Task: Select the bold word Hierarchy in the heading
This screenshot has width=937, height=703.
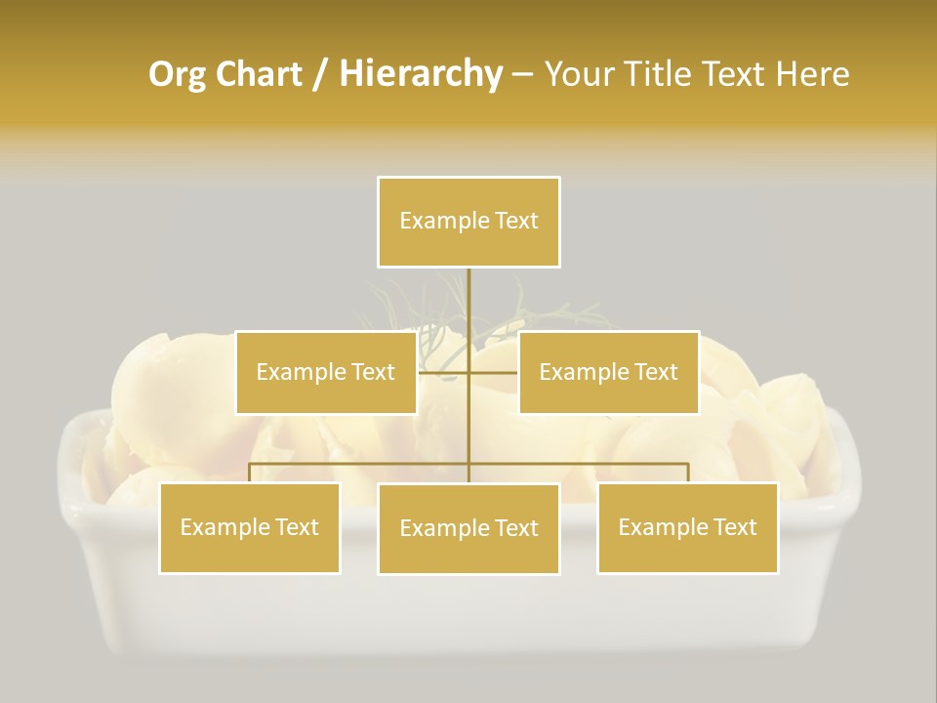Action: pos(420,74)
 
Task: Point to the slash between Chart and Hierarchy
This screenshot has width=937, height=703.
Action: pos(320,74)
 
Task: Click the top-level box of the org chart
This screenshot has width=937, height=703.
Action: pos(468,222)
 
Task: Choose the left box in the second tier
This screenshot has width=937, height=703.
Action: pos(325,372)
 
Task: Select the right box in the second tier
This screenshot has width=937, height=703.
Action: pos(608,372)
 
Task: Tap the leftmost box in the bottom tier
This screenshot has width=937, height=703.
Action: pos(249,528)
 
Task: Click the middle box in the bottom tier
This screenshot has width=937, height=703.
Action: pos(468,529)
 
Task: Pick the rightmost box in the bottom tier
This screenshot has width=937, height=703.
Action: pos(687,528)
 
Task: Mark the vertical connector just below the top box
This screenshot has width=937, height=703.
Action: pos(468,298)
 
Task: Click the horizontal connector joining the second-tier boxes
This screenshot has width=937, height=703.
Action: pos(493,372)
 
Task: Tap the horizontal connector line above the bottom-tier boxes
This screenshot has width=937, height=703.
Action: pos(361,464)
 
